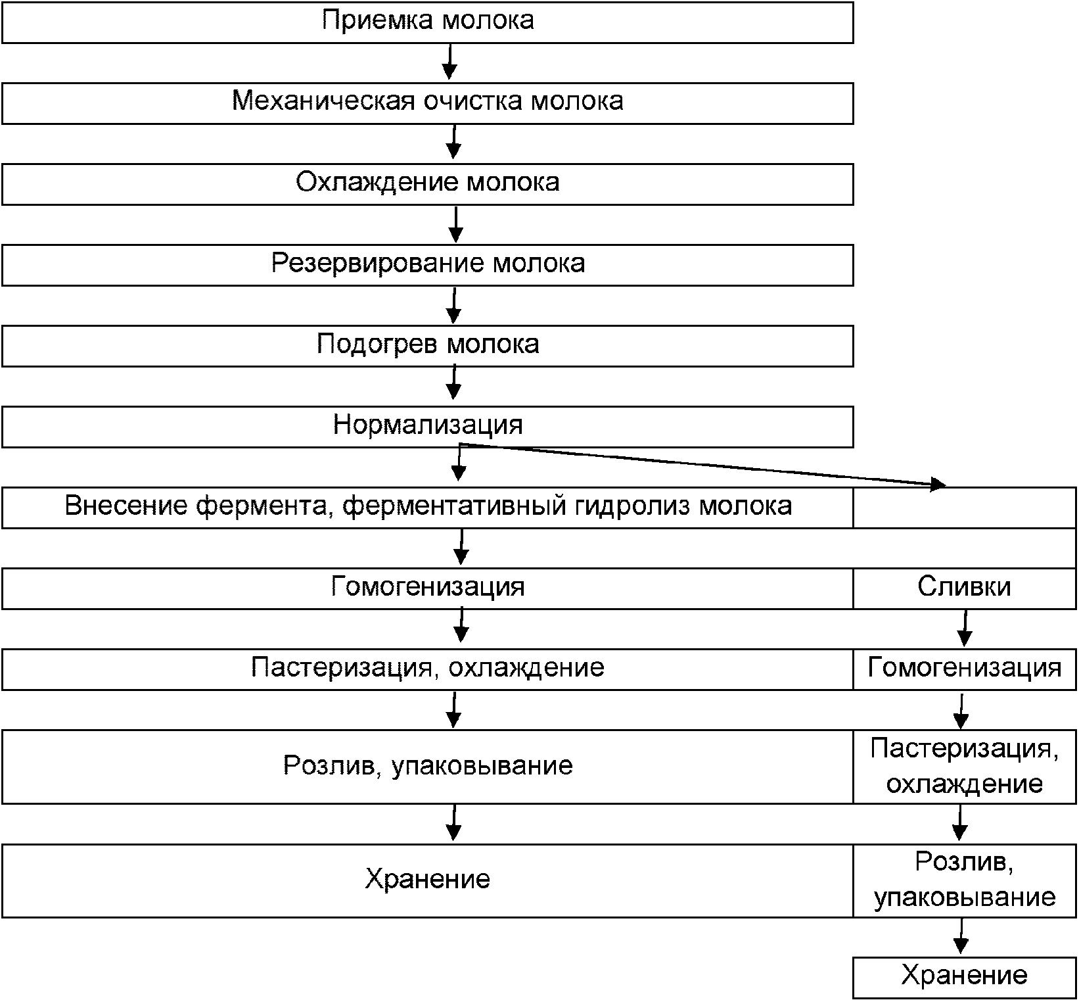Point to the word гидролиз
[x=631, y=506]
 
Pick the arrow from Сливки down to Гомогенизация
[x=965, y=629]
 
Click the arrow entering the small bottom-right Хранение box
[x=961, y=937]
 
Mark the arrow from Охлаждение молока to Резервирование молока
[x=455, y=224]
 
